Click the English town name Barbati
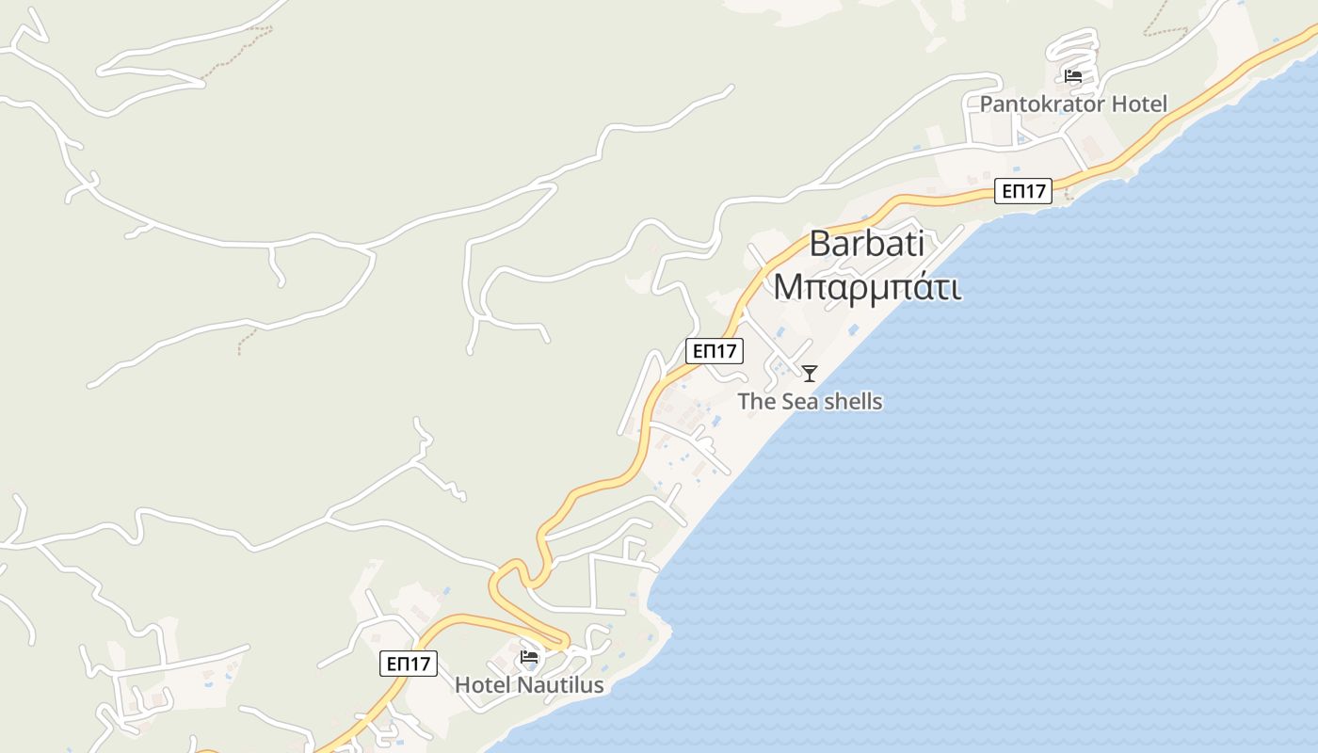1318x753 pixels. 866,244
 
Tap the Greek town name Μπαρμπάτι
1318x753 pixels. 867,286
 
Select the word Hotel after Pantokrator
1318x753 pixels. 1139,104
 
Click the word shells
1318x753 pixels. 849,402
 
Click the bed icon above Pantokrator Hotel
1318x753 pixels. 1072,76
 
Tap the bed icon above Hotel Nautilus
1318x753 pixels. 529,656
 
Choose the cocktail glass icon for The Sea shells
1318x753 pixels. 810,373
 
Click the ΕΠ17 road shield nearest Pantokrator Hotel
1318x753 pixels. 1023,191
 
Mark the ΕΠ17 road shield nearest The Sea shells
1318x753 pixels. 715,351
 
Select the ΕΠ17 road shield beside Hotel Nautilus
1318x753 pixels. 409,663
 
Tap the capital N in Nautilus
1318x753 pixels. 523,684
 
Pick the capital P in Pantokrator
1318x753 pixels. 987,104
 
